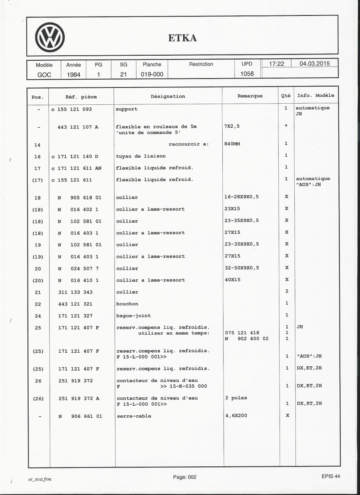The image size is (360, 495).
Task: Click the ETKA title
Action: (x=183, y=38)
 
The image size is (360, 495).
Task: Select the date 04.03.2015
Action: (x=314, y=64)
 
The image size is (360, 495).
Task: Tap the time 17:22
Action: (x=276, y=64)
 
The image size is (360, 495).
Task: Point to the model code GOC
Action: (x=44, y=74)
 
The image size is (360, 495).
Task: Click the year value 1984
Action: (x=73, y=74)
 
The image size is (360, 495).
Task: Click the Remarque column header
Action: (x=250, y=96)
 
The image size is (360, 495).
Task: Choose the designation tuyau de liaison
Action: (x=141, y=156)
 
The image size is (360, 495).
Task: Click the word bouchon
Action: (x=127, y=304)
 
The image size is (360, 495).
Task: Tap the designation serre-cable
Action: (x=133, y=416)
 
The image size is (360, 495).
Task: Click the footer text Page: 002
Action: (x=185, y=477)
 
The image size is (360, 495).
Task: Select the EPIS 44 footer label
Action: (x=330, y=476)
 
